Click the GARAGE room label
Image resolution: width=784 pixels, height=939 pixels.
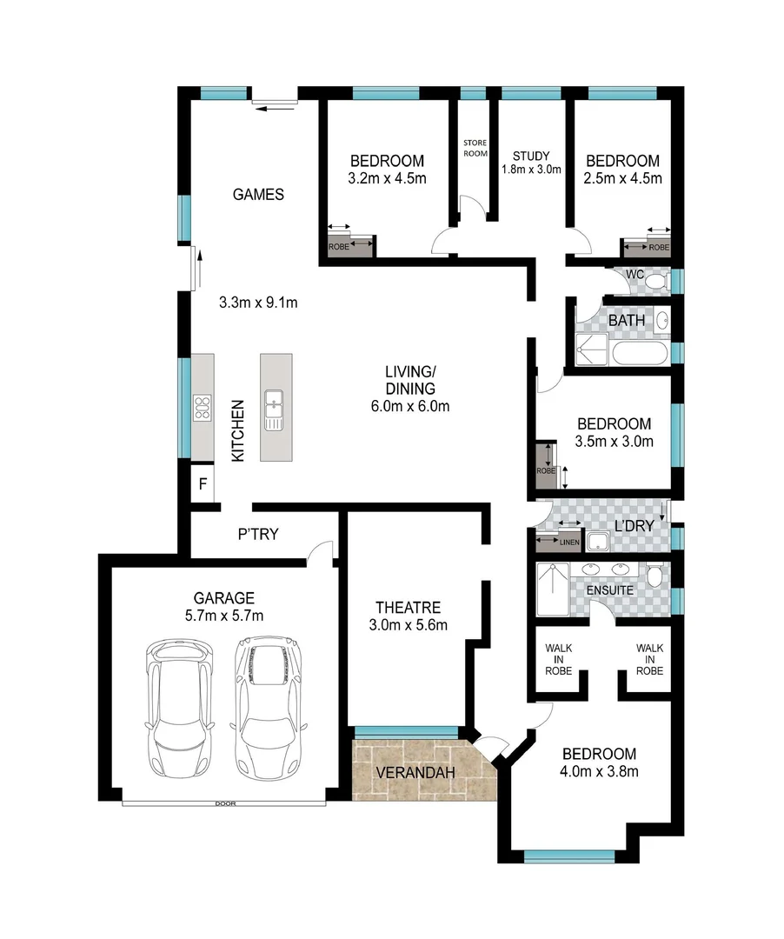click(223, 597)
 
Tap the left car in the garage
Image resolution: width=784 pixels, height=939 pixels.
click(180, 709)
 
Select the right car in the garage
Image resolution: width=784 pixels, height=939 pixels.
click(266, 708)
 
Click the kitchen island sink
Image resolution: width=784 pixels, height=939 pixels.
click(275, 409)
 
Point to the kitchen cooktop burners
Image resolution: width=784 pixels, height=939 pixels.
click(203, 407)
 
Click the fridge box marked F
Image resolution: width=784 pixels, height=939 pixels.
click(202, 484)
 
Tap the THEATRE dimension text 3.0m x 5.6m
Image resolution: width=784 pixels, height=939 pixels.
click(409, 624)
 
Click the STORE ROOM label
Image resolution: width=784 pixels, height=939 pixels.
click(475, 148)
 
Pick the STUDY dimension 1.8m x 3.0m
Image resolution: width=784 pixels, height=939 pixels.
click(531, 170)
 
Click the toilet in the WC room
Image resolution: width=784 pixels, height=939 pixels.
click(657, 281)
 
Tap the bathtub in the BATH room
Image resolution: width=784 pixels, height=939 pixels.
click(641, 354)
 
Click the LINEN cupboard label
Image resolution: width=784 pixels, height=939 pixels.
click(569, 543)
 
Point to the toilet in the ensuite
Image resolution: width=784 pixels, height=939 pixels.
click(654, 574)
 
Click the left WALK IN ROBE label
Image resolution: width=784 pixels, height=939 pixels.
click(557, 658)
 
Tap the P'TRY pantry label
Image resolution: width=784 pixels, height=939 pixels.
click(258, 534)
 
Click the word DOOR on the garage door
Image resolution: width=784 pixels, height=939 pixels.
click(225, 803)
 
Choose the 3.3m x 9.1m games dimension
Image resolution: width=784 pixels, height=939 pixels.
click(258, 303)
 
